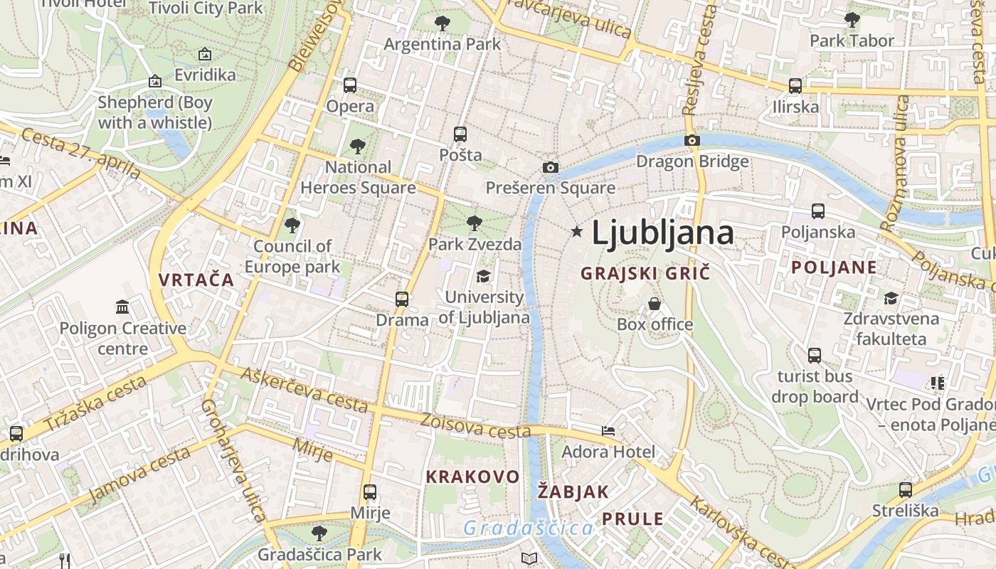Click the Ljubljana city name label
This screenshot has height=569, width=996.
(662, 233)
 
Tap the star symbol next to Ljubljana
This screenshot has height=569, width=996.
(576, 231)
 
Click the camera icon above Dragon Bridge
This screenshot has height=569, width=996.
(692, 140)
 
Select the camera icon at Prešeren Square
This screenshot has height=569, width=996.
(550, 167)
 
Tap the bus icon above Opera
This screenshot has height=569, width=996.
(349, 85)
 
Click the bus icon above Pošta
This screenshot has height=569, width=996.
(460, 134)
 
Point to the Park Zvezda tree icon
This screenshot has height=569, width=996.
(474, 223)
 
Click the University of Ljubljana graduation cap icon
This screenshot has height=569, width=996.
(484, 276)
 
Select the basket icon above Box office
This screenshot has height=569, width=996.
(655, 304)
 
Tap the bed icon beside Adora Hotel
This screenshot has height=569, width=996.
(608, 431)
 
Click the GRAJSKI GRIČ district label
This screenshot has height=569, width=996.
(645, 273)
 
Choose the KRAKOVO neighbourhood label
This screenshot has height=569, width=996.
(472, 477)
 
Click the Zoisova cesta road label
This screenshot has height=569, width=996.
(475, 426)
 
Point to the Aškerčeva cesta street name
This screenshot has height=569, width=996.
(304, 390)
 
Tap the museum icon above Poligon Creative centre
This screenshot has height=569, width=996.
(122, 307)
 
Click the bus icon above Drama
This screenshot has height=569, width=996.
(402, 299)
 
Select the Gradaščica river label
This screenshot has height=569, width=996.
(528, 528)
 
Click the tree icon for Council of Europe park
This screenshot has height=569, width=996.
(292, 225)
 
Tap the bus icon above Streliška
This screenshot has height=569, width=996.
(905, 489)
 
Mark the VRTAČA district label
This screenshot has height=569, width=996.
(196, 280)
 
